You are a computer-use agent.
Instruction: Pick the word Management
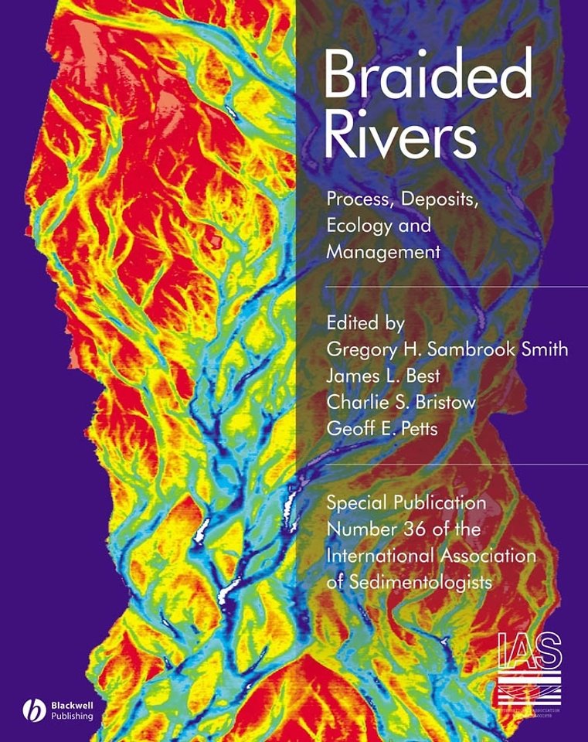click(x=383, y=252)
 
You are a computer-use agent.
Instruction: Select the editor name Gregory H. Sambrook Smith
click(x=447, y=349)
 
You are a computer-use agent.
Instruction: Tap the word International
click(x=380, y=556)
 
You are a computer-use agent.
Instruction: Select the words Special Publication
click(x=406, y=502)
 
